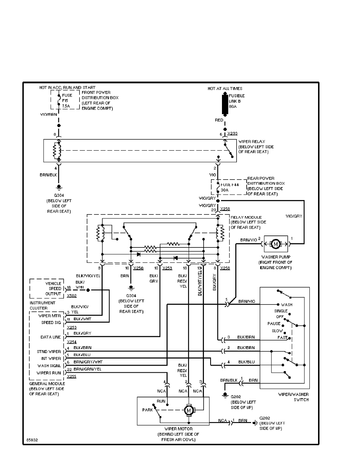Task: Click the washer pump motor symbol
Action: point(275,244)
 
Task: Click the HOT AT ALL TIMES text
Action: point(225,89)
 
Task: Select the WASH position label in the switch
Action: point(287,304)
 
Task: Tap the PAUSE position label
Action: point(274,324)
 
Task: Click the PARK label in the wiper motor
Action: point(147,410)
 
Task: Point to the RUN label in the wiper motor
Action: point(161,402)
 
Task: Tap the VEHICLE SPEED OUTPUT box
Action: point(48,288)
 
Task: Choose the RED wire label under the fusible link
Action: point(219,120)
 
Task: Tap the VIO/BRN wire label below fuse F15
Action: point(48,115)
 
